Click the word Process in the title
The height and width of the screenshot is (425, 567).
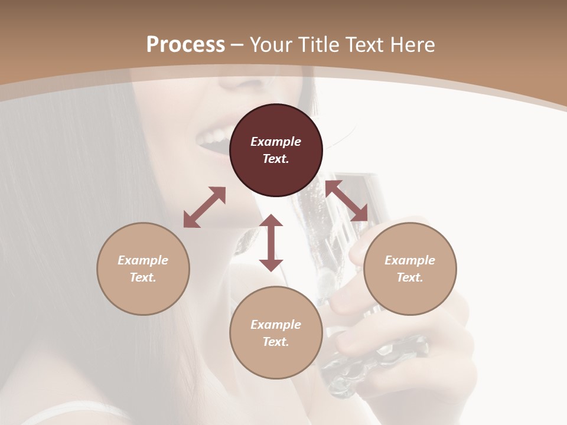pyautogui.click(x=185, y=45)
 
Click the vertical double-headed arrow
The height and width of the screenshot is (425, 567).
pyautogui.click(x=271, y=243)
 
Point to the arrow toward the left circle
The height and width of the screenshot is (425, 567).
pyautogui.click(x=204, y=207)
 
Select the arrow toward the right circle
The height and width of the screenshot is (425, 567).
pyautogui.click(x=346, y=201)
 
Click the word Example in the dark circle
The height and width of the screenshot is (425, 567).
pyautogui.click(x=276, y=142)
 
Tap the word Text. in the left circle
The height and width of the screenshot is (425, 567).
pyautogui.click(x=143, y=277)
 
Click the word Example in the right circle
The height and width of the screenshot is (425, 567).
pyautogui.click(x=410, y=260)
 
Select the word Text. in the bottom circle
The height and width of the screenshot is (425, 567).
pyautogui.click(x=276, y=342)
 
